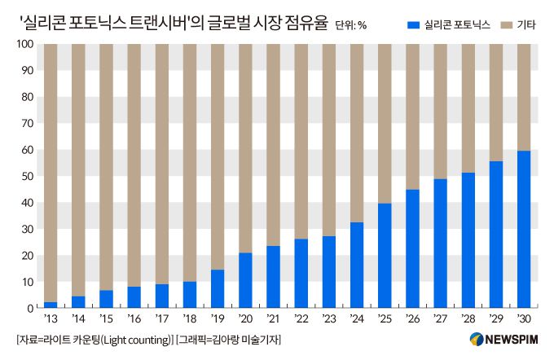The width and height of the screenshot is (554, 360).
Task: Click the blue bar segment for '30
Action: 523,229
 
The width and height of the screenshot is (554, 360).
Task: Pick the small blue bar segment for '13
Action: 51,305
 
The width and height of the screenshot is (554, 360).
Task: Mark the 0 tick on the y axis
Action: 27,308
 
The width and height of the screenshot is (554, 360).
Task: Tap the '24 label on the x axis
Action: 356,320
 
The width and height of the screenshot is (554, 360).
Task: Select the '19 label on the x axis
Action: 217,320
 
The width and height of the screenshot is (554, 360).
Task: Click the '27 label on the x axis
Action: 439,320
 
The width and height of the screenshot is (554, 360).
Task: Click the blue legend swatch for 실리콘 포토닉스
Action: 414,25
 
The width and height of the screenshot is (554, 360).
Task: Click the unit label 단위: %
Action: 351,25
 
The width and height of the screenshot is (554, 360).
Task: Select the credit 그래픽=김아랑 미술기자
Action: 235,339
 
